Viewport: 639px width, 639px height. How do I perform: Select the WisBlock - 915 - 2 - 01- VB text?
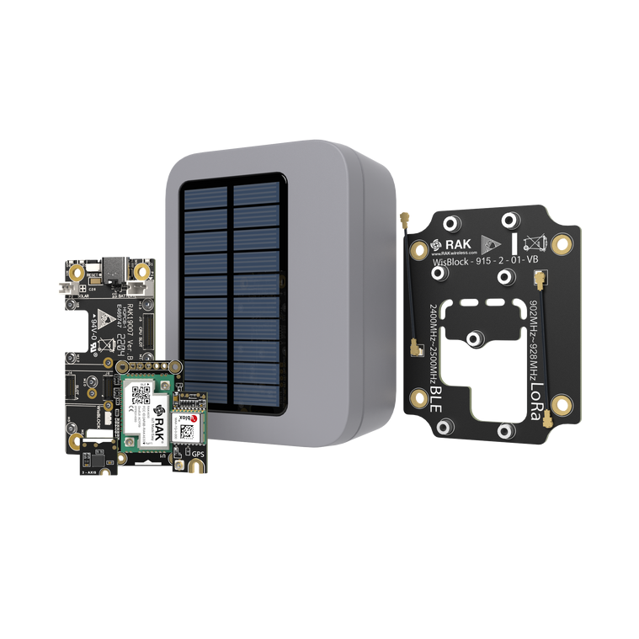[x=482, y=262]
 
